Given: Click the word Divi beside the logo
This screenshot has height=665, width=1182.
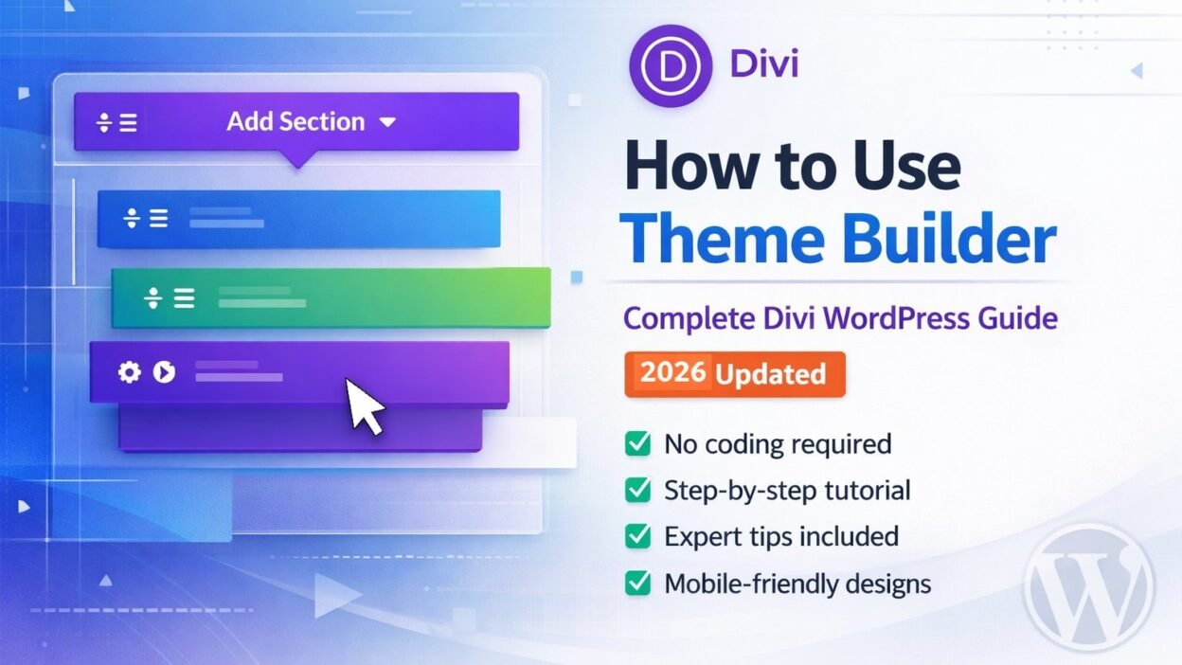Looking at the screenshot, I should [x=763, y=65].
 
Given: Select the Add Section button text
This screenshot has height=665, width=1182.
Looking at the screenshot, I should [x=295, y=122].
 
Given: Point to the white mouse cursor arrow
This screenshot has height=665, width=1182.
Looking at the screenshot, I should [x=364, y=405].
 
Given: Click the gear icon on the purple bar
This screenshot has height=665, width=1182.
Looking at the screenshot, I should [x=129, y=372].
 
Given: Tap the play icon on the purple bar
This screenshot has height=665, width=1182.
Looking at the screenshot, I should [x=164, y=372].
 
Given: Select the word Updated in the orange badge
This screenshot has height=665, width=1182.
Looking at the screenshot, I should [x=770, y=373].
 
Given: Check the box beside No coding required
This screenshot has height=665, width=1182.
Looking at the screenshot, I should [x=638, y=443].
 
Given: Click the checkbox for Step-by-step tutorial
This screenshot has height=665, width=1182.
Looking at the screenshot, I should [x=638, y=490].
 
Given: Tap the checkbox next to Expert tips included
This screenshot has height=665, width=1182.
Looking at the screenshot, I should [x=638, y=536].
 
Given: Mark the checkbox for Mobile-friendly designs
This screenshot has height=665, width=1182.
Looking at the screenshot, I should [x=638, y=583].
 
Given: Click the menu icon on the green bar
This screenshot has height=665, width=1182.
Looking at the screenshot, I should [x=183, y=299].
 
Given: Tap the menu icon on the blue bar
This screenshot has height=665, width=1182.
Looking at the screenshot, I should [x=157, y=219].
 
